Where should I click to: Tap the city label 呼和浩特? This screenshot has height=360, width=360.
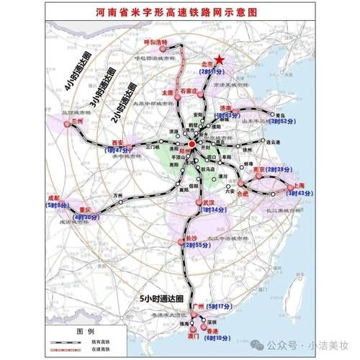click(x=155, y=43)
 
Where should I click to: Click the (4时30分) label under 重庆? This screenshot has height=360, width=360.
click(x=85, y=217)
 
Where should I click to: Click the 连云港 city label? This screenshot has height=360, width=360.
click(x=271, y=143)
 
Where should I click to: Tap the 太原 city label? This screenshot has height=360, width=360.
click(x=168, y=94)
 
